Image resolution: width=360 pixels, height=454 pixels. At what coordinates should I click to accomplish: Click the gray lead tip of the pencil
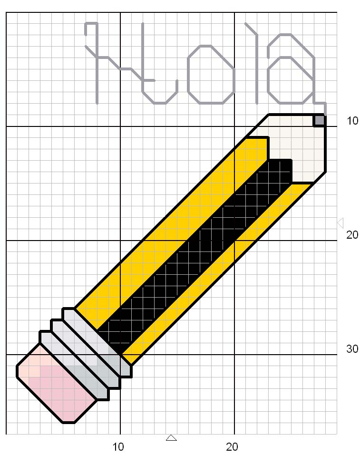point(320,120)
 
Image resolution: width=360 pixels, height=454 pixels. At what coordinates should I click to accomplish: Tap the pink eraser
point(57,385)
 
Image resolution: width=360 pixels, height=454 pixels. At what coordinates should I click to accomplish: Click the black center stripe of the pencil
point(200,252)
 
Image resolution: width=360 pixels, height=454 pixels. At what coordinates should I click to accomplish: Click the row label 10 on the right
point(352,121)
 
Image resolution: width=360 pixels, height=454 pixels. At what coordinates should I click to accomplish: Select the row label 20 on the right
point(352,235)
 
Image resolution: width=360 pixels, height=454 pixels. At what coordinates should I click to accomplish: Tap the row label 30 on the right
point(352,349)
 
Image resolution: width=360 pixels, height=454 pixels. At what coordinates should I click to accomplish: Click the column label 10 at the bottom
point(118,447)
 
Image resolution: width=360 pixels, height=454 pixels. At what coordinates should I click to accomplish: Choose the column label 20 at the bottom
point(232,447)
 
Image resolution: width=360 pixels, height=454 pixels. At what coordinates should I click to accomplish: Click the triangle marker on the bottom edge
point(172,437)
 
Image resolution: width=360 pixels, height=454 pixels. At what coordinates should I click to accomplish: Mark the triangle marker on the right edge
point(340,222)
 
